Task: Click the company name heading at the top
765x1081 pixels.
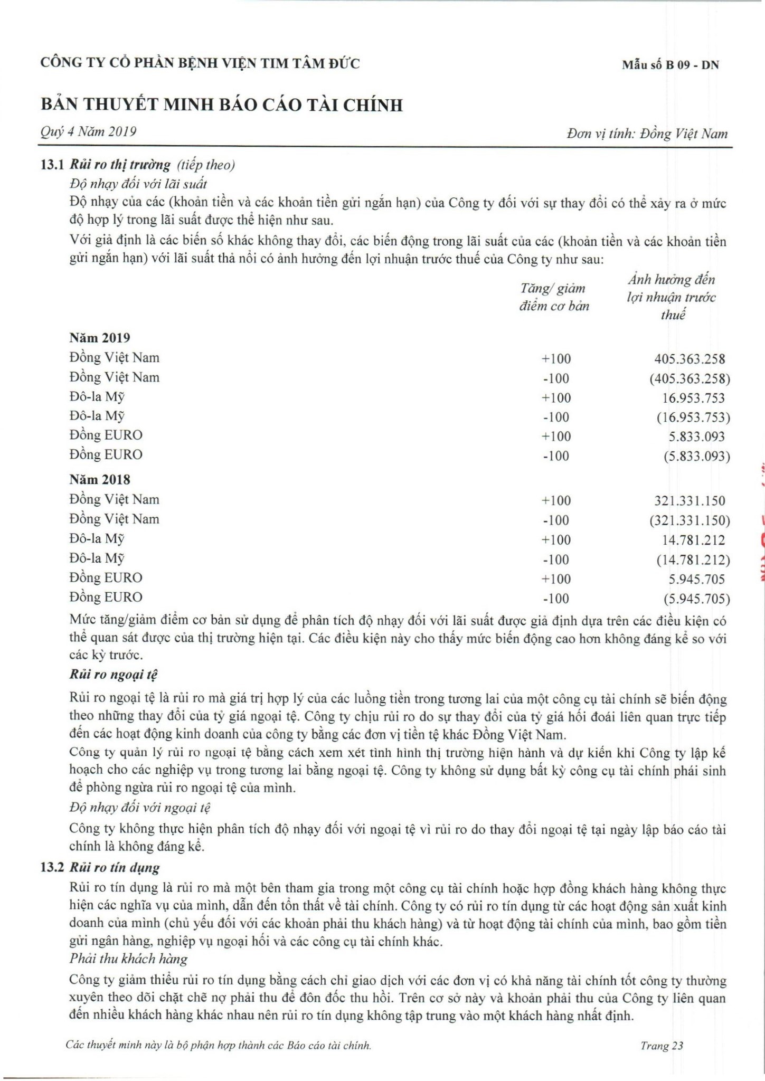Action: (200, 64)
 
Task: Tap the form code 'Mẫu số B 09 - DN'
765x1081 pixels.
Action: (670, 65)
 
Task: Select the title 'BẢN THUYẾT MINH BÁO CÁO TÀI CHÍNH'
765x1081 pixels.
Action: (222, 105)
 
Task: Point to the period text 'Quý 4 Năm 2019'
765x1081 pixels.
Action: (88, 131)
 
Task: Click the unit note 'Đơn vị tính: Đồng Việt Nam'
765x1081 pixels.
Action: (647, 134)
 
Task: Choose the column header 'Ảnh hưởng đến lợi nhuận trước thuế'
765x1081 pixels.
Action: (672, 297)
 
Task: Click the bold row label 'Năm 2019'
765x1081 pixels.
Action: (100, 338)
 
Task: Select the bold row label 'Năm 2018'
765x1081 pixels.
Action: (100, 480)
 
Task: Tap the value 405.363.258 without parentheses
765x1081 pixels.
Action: (690, 359)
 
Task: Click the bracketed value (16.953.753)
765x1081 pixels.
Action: (693, 418)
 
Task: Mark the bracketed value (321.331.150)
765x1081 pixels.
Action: (690, 521)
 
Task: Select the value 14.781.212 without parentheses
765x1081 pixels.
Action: (693, 540)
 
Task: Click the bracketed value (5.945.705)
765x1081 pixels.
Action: (697, 599)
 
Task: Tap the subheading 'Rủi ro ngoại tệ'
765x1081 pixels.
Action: (114, 675)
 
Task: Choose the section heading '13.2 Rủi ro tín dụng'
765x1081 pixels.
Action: (100, 868)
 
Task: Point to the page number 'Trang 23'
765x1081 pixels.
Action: (662, 1045)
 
